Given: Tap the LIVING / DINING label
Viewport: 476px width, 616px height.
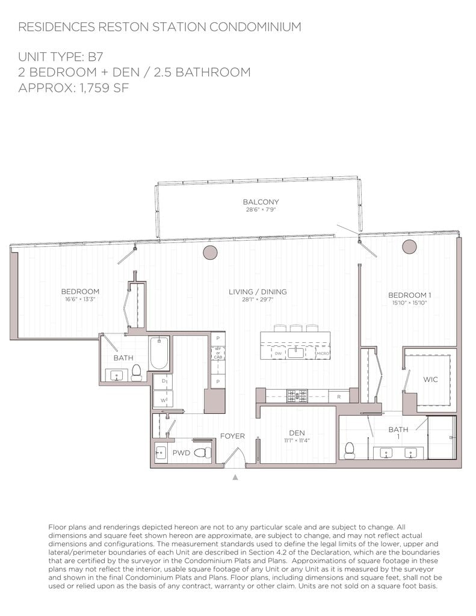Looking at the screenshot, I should pyautogui.click(x=258, y=292).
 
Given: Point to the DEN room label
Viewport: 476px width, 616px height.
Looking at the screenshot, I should pyautogui.click(x=296, y=433).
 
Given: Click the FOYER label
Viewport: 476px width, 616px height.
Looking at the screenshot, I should pyautogui.click(x=232, y=436).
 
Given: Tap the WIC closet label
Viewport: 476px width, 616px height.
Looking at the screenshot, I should pyautogui.click(x=430, y=380).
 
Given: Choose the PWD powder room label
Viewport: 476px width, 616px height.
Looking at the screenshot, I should pyautogui.click(x=181, y=452).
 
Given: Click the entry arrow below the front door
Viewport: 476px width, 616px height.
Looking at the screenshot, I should pyautogui.click(x=235, y=477).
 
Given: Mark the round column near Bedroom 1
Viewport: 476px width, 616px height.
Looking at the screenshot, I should pyautogui.click(x=410, y=247).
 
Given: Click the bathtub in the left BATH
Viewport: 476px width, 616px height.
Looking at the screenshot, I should pyautogui.click(x=160, y=353).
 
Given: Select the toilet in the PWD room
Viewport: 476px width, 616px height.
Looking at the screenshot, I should pyautogui.click(x=205, y=452).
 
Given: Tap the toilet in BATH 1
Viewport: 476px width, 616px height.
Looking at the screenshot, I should pyautogui.click(x=349, y=451).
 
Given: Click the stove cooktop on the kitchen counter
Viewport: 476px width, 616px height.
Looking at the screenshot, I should pyautogui.click(x=297, y=395).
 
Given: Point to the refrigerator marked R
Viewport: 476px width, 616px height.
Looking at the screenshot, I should pyautogui.click(x=339, y=396).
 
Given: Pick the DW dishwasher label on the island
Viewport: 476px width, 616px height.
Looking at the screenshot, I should pyautogui.click(x=278, y=354).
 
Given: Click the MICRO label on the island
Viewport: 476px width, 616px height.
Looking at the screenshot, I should pyautogui.click(x=322, y=354).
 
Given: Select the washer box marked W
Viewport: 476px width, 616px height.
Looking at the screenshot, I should pyautogui.click(x=162, y=398).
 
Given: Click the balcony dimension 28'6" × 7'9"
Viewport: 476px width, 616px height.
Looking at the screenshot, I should pyautogui.click(x=261, y=210).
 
